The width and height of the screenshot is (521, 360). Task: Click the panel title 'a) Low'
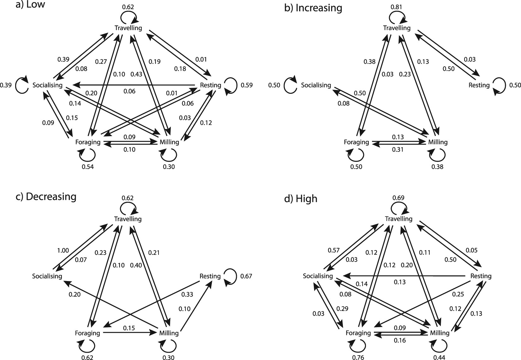click(x=30, y=4)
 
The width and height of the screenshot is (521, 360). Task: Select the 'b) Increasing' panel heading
click(x=313, y=8)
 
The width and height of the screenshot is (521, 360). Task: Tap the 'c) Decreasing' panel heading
click(x=46, y=196)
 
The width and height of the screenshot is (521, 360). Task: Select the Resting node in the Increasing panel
click(x=479, y=85)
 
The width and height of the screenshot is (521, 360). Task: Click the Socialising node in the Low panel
click(x=47, y=85)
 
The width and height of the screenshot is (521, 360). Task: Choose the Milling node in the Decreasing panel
click(x=169, y=333)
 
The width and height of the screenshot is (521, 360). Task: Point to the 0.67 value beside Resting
click(x=246, y=276)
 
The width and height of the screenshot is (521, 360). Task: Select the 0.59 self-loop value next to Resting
click(x=247, y=85)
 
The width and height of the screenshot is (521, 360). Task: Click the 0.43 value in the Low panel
click(x=136, y=74)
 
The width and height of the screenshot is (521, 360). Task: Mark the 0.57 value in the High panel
click(x=333, y=250)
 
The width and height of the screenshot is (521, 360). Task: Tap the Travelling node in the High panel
click(x=398, y=219)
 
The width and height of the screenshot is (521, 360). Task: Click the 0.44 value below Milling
click(x=439, y=357)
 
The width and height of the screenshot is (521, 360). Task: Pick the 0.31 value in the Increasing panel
click(x=398, y=150)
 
